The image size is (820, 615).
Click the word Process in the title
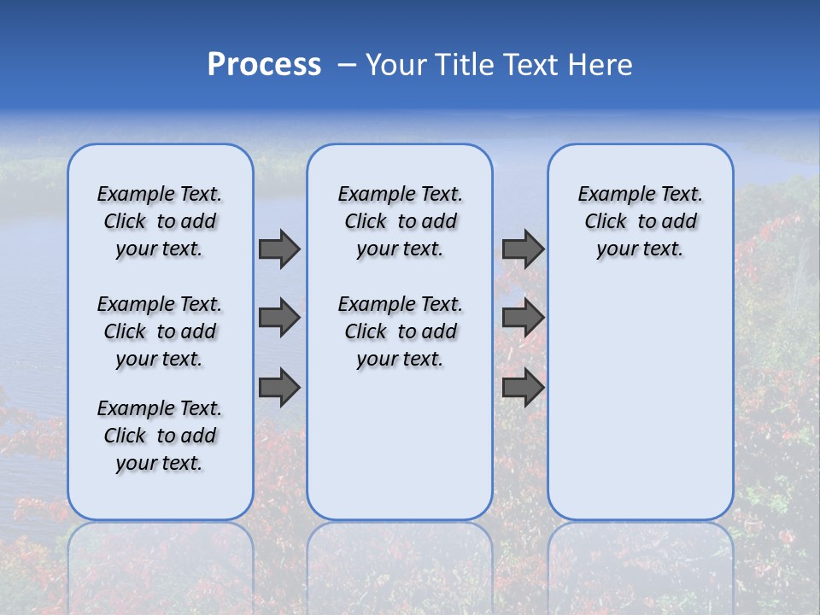coord(264,65)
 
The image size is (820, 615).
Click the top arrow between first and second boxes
coord(279,249)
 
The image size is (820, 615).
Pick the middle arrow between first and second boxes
coord(279,318)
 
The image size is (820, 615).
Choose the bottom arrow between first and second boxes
coord(279,388)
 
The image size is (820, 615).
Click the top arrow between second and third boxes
coord(523,249)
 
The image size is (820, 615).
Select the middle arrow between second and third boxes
coord(523,318)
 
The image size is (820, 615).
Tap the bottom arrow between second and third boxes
coord(523,388)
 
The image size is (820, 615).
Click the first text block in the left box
coord(160,221)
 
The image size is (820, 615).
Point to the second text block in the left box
coord(160,331)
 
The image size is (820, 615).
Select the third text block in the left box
coord(160,436)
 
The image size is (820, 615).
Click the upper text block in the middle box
coord(400,221)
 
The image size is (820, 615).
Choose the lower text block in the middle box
coord(400,331)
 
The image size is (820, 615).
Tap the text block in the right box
coord(641,221)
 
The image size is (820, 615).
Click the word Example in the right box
coord(610,195)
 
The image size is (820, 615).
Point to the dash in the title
coord(347,65)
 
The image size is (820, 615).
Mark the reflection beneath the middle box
coord(400,564)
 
